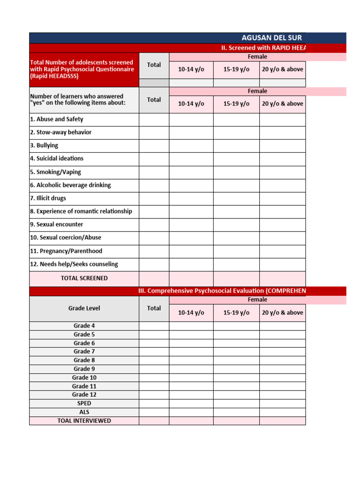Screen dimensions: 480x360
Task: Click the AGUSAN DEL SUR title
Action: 272,38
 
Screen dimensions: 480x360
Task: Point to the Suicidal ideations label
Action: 57,158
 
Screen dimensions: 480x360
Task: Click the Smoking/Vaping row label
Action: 55,172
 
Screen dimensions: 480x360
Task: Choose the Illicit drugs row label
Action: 48,198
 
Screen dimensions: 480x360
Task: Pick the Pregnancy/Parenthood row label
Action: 66,251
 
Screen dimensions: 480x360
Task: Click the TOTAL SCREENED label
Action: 84,278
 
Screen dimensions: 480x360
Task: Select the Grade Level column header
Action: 84,308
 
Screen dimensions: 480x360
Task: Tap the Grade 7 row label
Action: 84,352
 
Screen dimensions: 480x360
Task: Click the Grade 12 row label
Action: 84,395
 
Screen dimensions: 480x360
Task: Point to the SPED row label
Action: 84,403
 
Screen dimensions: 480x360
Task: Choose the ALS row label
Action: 84,412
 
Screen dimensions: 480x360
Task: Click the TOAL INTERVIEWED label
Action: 84,420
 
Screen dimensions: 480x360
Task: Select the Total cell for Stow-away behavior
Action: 154,133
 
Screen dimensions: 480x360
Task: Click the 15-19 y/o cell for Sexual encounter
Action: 236,225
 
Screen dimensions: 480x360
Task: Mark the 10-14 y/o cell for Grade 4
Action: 191,326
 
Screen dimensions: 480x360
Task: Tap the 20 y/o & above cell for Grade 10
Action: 282,378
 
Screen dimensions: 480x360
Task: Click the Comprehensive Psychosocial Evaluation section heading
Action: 222,291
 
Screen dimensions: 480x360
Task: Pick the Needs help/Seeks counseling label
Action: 74,264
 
